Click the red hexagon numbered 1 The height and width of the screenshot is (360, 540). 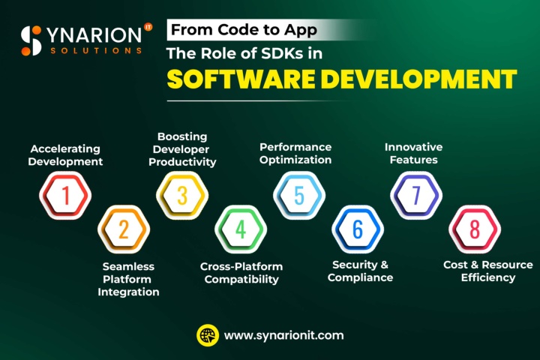[65, 195]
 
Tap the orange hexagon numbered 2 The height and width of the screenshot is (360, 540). [124, 229]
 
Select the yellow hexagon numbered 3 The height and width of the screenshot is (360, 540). [182, 195]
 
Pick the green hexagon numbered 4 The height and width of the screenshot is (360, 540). [241, 229]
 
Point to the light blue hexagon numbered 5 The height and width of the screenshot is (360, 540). [299, 195]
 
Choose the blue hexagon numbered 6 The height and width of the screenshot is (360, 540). [358, 229]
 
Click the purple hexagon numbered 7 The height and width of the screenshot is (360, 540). [416, 195]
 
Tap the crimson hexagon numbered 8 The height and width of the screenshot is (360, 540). [475, 229]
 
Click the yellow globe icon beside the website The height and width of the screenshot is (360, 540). [208, 335]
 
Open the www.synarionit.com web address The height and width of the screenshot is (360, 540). [283, 335]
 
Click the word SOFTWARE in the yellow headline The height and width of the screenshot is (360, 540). [241, 79]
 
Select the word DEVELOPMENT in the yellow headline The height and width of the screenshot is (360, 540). [418, 79]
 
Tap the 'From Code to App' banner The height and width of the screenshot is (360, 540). [244, 30]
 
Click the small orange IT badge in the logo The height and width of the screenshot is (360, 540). [148, 27]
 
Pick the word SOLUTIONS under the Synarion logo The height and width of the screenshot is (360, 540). [96, 51]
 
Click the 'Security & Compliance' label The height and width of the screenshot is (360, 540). [360, 271]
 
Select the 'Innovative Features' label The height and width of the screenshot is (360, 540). [413, 153]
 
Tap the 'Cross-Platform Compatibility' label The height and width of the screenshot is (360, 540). [241, 273]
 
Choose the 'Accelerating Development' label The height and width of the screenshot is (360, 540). [65, 155]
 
